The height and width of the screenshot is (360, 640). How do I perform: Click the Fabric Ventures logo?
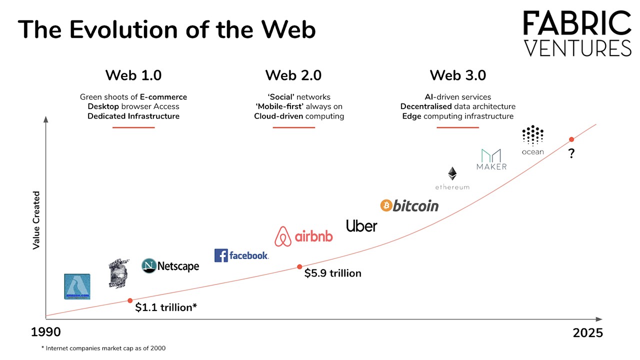coord(577,34)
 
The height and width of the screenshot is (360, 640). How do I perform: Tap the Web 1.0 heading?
coord(133,75)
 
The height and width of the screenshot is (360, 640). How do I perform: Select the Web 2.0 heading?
coord(293,75)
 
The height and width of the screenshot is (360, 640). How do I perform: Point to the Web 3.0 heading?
coord(458,75)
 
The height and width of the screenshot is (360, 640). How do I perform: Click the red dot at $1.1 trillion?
coord(130,300)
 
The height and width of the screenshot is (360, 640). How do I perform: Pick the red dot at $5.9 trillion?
coord(299,267)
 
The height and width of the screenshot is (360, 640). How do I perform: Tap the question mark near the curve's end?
coord(571,154)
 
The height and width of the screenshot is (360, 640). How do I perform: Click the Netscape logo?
coord(170,266)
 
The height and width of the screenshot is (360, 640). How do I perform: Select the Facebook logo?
coord(241,255)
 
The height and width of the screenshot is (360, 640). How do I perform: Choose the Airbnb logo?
coord(303,236)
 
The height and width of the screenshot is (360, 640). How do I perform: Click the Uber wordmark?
coord(361,226)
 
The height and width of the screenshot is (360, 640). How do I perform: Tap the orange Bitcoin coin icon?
coord(385,205)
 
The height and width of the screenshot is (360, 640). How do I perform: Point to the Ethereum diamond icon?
coord(452,173)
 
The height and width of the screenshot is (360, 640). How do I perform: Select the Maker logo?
coord(491,159)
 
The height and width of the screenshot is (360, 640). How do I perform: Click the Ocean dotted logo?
coord(532,135)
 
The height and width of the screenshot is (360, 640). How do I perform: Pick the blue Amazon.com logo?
coord(77,286)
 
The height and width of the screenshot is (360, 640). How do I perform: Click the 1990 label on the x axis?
coord(46,332)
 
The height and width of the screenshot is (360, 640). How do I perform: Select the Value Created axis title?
coord(36,220)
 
